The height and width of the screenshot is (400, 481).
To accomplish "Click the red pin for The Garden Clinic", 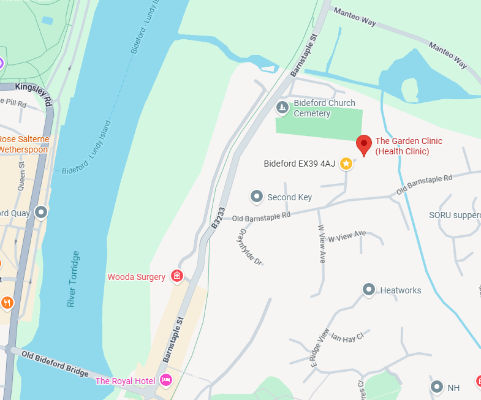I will [365, 145].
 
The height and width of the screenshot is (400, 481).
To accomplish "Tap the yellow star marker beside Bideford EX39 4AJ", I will [346, 164].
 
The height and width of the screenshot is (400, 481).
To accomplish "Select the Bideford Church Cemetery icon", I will [282, 108].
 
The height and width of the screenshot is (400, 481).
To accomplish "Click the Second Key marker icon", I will [257, 197].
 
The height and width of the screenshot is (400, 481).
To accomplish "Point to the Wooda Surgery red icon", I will [177, 277].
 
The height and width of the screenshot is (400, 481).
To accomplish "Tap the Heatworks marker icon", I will [369, 290].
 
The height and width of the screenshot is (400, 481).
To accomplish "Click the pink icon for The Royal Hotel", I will [165, 381].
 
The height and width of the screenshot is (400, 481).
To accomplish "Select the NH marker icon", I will [437, 387].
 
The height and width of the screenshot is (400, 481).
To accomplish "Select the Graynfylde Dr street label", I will [251, 247].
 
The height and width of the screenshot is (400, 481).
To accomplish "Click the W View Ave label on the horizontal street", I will [347, 236].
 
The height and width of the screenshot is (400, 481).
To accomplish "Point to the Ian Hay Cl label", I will [347, 336].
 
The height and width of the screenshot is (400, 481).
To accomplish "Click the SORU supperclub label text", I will [455, 215].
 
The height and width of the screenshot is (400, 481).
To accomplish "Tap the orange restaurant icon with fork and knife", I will [7, 302].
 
